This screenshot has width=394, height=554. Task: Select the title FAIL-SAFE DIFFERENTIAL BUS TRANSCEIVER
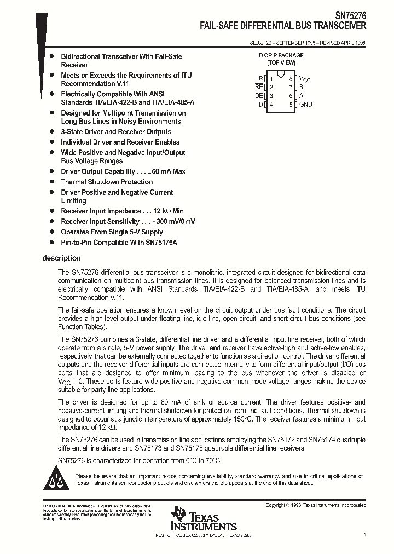(x=283, y=26)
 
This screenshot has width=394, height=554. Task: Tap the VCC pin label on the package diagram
(x=305, y=79)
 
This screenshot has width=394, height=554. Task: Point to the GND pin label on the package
(x=305, y=104)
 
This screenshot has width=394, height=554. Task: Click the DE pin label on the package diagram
(x=259, y=95)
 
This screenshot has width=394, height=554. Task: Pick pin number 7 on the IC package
(x=291, y=87)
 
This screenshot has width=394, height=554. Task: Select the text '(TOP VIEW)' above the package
(x=281, y=63)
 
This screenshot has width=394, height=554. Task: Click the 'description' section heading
(x=61, y=258)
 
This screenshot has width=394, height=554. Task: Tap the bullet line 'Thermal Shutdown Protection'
(x=107, y=182)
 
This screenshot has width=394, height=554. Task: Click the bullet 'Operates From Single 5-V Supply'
(x=112, y=232)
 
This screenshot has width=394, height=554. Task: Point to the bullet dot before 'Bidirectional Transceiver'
(x=51, y=56)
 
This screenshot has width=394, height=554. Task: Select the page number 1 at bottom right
(x=364, y=534)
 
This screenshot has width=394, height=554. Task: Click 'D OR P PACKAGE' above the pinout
(x=281, y=55)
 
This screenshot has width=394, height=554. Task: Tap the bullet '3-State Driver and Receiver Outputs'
(x=115, y=131)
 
